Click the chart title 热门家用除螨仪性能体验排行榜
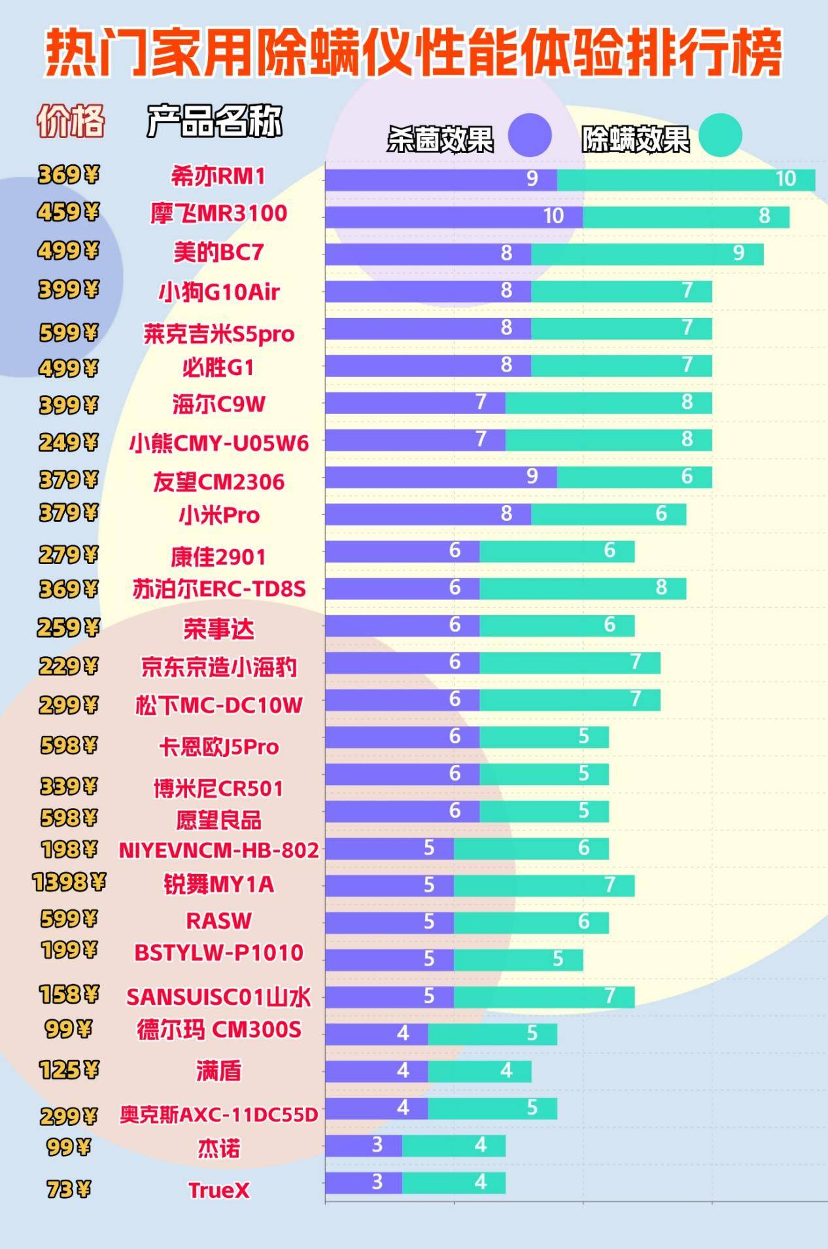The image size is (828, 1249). [413, 52]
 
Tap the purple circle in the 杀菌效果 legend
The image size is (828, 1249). [530, 135]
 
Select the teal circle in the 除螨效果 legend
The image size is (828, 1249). [720, 135]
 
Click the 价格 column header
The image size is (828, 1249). [71, 121]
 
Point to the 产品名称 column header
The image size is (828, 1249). [215, 121]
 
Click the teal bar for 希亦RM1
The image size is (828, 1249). [686, 180]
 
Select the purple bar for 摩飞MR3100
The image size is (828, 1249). [454, 217]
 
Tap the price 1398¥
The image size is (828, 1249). [69, 883]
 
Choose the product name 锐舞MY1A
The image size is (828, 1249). [218, 885]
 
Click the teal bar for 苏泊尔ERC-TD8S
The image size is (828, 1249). [583, 588]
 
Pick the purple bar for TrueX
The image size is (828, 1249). [364, 1182]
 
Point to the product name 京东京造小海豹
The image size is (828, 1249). [218, 667]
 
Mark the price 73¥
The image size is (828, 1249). [68, 1188]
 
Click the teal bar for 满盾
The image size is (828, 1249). [479, 1071]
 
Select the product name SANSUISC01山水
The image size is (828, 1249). [218, 997]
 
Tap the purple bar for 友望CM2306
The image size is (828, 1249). [441, 477]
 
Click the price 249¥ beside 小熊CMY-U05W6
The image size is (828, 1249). [68, 443]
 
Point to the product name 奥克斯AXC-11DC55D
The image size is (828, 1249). [218, 1114]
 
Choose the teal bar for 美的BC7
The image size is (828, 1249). [647, 254]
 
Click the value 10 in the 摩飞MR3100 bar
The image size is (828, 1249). [553, 217]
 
